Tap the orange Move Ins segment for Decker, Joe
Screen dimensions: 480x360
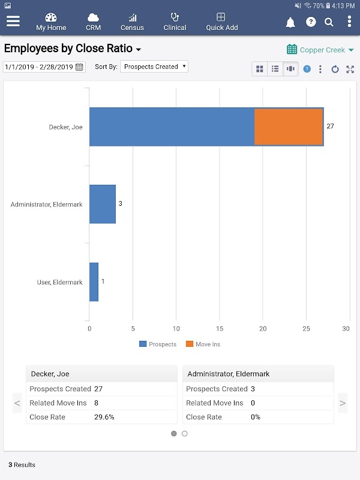[289, 127]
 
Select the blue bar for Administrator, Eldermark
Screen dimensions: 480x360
[103, 204]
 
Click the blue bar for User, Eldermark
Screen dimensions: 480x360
[94, 282]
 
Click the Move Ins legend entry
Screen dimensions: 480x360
[203, 344]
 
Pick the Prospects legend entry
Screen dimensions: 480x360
[158, 344]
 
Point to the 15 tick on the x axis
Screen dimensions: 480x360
[220, 328]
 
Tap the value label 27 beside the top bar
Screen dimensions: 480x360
[330, 127]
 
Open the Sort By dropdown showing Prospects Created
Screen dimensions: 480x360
[154, 67]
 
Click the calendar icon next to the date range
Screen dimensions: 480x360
[80, 67]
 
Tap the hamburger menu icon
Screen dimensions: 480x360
[13, 22]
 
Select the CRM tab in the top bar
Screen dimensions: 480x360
[93, 22]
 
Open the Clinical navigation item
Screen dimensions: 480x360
[175, 22]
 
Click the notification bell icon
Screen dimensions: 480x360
[290, 22]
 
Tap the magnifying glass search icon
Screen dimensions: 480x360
[329, 22]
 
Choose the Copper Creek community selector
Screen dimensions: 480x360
[320, 50]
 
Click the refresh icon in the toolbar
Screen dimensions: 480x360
[335, 69]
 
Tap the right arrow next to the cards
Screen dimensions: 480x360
[343, 403]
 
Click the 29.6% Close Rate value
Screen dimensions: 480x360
[104, 417]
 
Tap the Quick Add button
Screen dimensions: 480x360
[221, 22]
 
